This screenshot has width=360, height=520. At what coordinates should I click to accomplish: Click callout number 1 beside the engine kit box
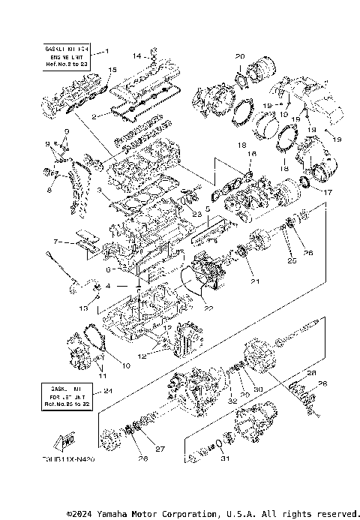[x=106, y=51]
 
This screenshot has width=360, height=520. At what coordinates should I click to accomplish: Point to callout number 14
[x=137, y=56]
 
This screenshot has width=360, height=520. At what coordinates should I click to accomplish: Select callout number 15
[x=112, y=70]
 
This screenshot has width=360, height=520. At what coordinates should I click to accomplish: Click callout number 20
[x=239, y=56]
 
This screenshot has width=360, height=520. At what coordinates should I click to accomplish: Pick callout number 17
[x=328, y=192]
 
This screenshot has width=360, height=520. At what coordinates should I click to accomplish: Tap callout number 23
[x=196, y=215]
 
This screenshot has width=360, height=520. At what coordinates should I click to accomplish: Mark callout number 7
[x=55, y=242]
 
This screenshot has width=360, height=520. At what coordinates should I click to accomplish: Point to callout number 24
[x=108, y=390]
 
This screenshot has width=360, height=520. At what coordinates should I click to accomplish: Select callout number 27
[x=160, y=449]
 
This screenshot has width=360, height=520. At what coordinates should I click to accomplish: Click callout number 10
[x=126, y=365]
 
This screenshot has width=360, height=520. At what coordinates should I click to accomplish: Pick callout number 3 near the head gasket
[x=98, y=191]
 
